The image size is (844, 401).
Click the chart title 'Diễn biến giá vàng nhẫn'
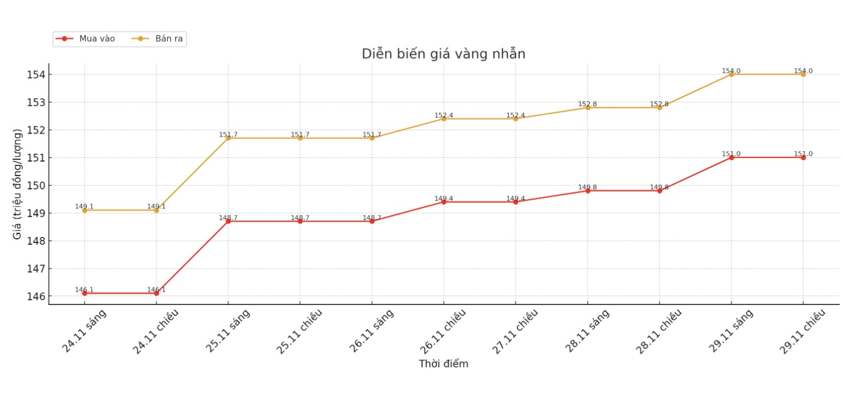click(x=443, y=54)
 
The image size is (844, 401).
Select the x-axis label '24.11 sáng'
click(x=84, y=331)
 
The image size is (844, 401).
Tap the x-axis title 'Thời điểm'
click(x=443, y=364)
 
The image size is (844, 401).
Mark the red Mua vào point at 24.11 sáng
click(x=85, y=293)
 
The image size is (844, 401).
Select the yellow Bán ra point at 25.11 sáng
click(x=228, y=138)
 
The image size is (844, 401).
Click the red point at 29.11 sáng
click(x=732, y=157)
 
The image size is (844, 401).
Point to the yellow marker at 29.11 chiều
click(x=803, y=74)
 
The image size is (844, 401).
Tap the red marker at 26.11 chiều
click(x=444, y=202)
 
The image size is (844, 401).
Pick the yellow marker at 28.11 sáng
click(x=587, y=108)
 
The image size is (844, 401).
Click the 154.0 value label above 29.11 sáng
click(x=732, y=71)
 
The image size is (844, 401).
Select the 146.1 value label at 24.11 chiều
click(x=156, y=290)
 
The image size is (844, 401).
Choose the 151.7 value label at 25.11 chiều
click(x=300, y=135)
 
